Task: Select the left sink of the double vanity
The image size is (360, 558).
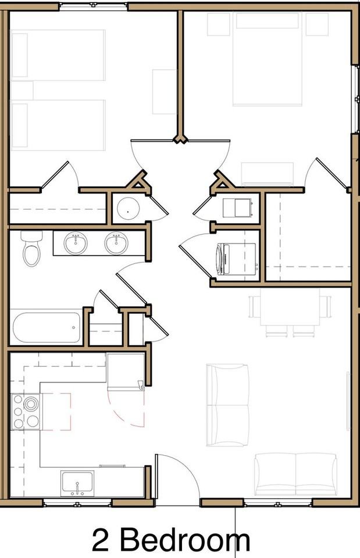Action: coord(76,243)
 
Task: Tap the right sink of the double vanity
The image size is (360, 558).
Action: coord(116,243)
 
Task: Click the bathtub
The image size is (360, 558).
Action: coord(47,327)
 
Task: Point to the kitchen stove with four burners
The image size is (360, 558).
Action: coord(26,412)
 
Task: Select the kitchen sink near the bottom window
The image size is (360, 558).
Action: coord(77,483)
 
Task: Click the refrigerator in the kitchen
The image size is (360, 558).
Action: coord(126,371)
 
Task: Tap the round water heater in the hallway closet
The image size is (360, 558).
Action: coord(128,209)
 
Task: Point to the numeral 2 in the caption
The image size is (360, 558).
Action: coord(101,540)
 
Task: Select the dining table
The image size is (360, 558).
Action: coord(290,307)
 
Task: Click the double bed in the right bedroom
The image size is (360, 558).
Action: coord(268,59)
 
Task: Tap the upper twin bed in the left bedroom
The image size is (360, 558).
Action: coord(58,55)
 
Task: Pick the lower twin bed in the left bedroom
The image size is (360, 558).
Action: coord(58,125)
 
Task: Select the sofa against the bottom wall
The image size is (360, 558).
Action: coord(295,474)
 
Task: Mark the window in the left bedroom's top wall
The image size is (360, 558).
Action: coord(93,5)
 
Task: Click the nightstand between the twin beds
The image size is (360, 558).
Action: coord(22,91)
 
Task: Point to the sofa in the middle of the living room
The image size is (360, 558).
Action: coord(228,405)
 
